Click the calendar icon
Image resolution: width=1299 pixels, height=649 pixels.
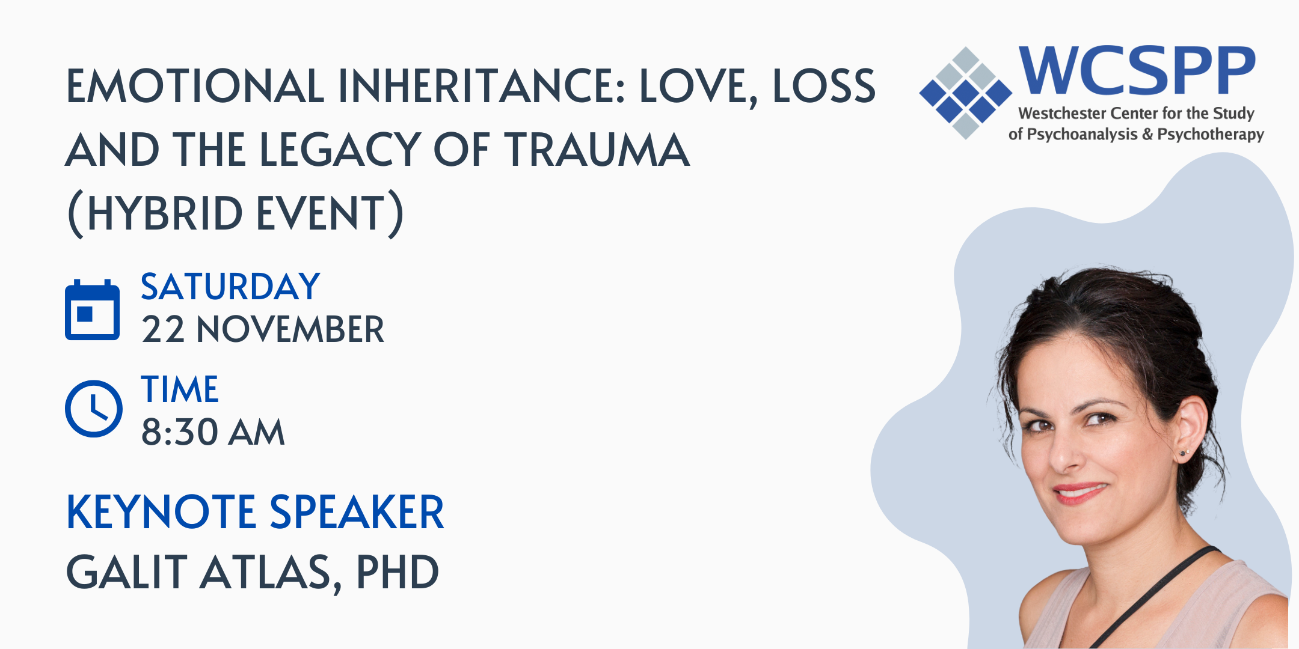click(x=92, y=309)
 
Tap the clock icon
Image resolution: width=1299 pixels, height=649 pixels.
click(x=94, y=409)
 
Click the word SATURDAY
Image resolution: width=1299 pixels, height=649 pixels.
click(x=230, y=287)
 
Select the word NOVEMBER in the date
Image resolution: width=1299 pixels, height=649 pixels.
click(x=290, y=329)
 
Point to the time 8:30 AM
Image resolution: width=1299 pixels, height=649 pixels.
click(x=213, y=432)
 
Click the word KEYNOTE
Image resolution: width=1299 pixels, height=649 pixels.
click(x=161, y=512)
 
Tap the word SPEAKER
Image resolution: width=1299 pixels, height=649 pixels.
click(x=357, y=512)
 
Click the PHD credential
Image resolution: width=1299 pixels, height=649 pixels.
click(x=398, y=572)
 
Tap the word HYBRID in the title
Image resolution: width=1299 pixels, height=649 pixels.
click(x=165, y=213)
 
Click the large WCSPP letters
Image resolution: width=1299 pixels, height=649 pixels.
click(x=1137, y=71)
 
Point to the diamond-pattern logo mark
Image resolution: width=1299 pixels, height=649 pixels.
click(x=966, y=93)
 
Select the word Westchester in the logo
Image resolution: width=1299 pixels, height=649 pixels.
click(x=1062, y=114)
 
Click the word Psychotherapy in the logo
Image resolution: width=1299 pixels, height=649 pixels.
click(x=1211, y=134)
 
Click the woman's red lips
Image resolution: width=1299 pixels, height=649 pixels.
click(x=1080, y=493)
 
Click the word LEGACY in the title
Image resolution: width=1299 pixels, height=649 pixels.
click(x=340, y=150)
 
